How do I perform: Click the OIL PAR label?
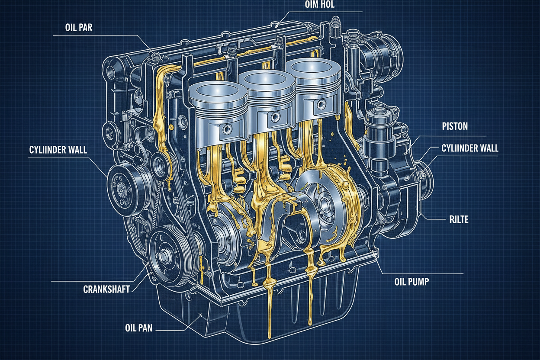[x=79, y=28]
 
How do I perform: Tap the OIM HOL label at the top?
[x=320, y=4]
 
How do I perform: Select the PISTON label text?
[x=455, y=126]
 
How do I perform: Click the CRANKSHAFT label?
[x=106, y=289]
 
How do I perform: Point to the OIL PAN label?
[x=138, y=328]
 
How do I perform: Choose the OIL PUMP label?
[x=412, y=282]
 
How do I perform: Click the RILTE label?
[x=459, y=220]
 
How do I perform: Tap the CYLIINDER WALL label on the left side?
[x=58, y=150]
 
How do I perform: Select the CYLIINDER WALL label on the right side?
[x=470, y=148]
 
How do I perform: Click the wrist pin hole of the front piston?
[x=227, y=129]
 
